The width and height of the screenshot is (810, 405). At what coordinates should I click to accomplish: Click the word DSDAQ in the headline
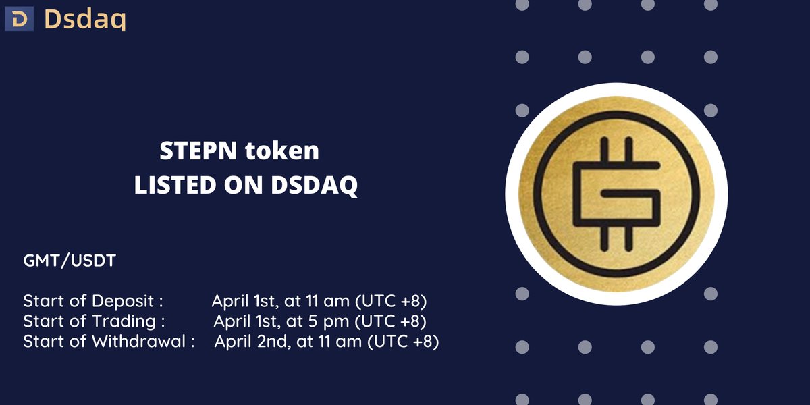tap(315, 186)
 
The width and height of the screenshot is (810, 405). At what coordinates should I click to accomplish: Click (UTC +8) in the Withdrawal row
tap(404, 342)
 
